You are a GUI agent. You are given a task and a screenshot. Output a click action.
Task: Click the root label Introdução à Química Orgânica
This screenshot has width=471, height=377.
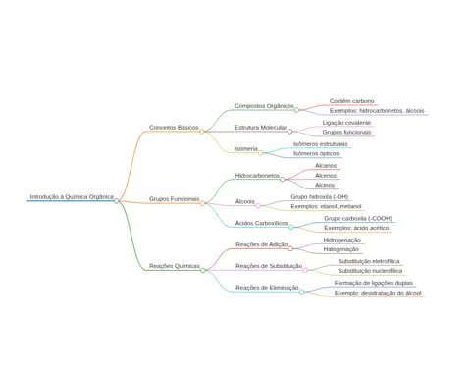(72, 197)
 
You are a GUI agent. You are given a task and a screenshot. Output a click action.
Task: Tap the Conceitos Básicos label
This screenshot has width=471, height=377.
(174, 128)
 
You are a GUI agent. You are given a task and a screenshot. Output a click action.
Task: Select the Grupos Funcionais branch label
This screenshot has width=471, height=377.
(174, 199)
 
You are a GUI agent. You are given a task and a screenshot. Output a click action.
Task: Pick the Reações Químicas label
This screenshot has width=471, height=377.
(175, 266)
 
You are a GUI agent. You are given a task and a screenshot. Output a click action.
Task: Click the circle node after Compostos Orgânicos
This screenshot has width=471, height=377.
(296, 110)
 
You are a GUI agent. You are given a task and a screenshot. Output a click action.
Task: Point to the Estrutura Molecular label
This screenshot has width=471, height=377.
(260, 128)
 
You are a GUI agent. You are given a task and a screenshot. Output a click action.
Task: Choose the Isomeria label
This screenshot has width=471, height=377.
(246, 149)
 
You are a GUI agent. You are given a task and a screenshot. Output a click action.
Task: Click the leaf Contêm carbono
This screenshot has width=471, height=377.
(351, 101)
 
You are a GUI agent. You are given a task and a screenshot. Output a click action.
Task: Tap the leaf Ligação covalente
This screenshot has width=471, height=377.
(346, 123)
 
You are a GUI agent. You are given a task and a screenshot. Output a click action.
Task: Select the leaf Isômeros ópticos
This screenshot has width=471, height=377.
(316, 153)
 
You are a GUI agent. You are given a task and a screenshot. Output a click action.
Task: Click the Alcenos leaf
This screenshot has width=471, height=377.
(326, 176)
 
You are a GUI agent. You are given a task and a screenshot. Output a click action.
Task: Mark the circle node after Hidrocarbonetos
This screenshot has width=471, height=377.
(282, 179)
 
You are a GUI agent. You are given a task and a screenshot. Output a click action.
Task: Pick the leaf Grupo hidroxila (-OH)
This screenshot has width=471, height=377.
(320, 197)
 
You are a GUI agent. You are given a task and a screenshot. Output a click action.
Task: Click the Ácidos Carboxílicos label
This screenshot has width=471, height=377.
(262, 223)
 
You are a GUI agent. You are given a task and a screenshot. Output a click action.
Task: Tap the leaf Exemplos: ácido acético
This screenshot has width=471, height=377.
(356, 228)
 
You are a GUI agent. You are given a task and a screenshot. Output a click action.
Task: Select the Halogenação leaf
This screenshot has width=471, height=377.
(341, 249)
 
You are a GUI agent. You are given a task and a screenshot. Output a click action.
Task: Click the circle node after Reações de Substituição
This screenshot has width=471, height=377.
(305, 270)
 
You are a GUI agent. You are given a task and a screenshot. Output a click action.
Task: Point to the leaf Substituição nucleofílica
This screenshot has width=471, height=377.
(370, 271)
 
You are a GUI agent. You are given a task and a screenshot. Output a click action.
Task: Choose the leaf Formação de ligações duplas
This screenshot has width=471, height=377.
(374, 283)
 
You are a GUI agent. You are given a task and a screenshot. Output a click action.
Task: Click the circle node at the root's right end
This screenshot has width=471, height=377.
(117, 201)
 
